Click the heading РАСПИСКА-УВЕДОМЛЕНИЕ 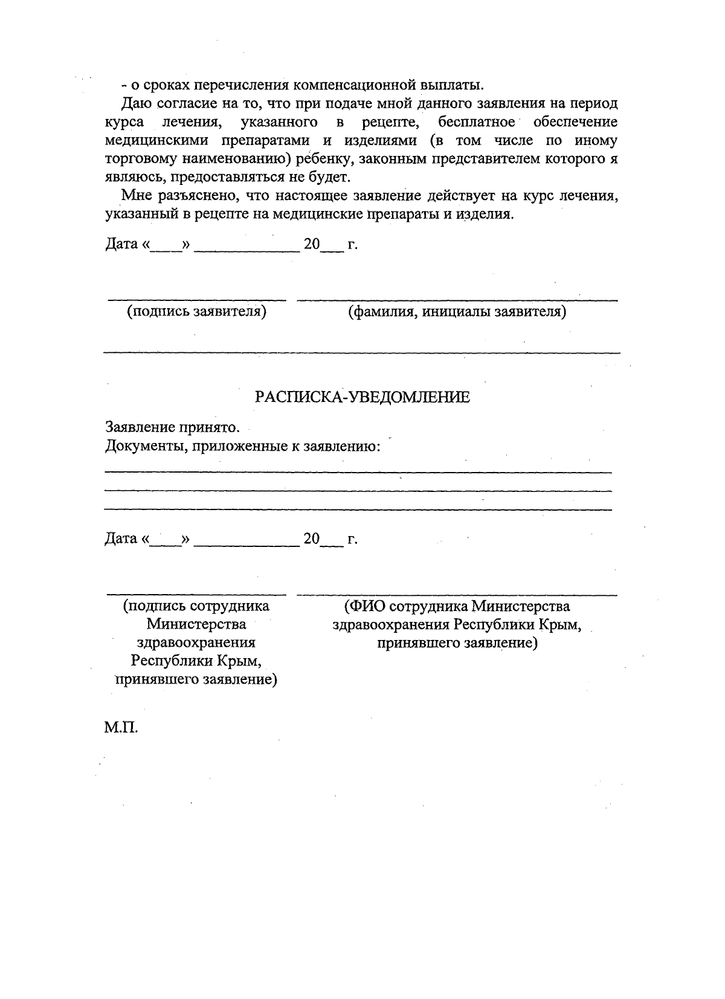pos(362,397)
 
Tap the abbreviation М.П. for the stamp pos(121,728)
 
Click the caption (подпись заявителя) pos(196,312)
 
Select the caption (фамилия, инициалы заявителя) pos(457,312)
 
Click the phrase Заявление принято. pos(173,427)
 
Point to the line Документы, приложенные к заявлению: pos(243,447)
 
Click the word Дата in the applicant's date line pos(121,244)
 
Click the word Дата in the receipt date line pos(121,538)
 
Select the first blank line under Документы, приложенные pos(358,471)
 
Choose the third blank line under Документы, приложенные pos(358,509)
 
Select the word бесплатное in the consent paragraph pos(477,122)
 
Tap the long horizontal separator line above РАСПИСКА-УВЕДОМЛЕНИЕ pos(361,352)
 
